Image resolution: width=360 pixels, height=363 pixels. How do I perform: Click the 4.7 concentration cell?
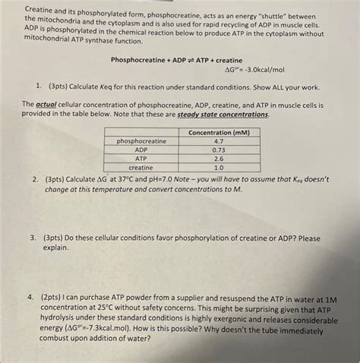point(218,141)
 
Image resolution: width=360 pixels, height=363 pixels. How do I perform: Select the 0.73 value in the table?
point(218,150)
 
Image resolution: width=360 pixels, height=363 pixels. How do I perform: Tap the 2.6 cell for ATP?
point(218,158)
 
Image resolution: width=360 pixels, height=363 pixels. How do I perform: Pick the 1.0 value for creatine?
point(218,167)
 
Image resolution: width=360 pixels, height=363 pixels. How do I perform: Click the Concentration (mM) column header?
point(218,132)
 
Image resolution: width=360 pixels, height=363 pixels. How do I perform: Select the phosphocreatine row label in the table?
point(141,141)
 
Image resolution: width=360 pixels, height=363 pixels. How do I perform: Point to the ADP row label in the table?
point(141,150)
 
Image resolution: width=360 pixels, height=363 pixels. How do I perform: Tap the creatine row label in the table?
point(141,167)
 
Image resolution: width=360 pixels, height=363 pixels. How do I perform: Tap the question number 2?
point(35,181)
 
